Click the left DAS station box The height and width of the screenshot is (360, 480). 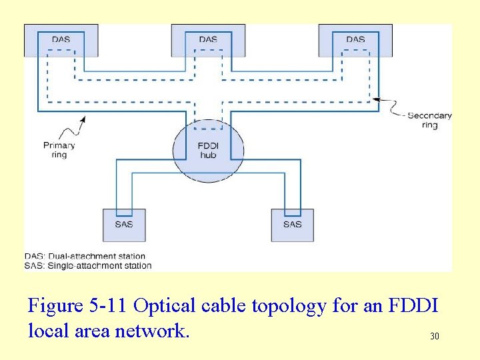[x=61, y=39]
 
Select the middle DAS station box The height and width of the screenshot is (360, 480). [x=208, y=39]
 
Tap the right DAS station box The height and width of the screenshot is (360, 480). [x=355, y=39]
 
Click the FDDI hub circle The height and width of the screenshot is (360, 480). [x=208, y=150]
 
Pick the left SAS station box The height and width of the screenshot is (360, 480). [x=123, y=225]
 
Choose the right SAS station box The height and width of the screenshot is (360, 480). [x=292, y=225]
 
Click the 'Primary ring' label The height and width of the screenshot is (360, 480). [x=59, y=150]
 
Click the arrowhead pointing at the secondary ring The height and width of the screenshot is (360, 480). [x=375, y=99]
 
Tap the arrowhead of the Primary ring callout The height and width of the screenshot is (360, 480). [x=83, y=120]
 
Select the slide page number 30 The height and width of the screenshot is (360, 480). [x=434, y=337]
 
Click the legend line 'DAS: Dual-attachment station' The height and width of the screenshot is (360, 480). [x=85, y=256]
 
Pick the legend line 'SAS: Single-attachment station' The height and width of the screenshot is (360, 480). [x=88, y=265]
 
